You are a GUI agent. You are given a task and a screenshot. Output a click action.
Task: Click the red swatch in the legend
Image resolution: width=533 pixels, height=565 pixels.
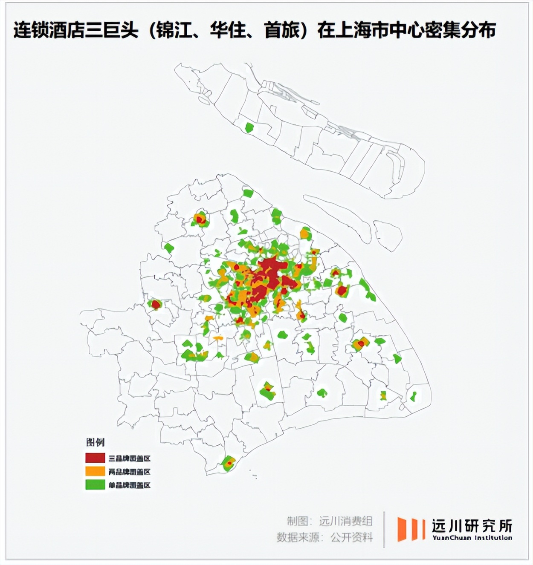(95, 458)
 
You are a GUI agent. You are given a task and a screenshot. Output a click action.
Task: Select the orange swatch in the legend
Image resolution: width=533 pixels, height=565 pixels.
(95, 471)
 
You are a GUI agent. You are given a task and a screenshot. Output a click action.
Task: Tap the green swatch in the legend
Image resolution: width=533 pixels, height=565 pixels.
(95, 484)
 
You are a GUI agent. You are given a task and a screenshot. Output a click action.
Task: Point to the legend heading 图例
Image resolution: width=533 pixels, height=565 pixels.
(95, 442)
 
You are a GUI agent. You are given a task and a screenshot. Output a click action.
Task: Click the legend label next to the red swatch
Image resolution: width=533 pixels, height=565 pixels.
(130, 458)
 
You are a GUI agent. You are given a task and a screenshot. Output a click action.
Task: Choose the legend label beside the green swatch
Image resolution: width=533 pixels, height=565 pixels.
(130, 485)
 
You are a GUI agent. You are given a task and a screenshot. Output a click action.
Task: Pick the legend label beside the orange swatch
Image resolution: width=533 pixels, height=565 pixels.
(130, 472)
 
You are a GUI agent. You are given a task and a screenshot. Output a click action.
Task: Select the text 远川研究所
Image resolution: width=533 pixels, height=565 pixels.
(472, 526)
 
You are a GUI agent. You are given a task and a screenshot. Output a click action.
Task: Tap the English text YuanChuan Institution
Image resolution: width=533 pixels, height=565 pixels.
(472, 538)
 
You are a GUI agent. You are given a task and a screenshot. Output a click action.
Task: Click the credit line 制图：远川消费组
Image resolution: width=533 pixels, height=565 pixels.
(330, 521)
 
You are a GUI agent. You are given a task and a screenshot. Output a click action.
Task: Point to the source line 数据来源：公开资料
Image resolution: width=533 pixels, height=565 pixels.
(325, 537)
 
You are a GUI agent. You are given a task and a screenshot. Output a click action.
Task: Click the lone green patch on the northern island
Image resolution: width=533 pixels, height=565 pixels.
(249, 127)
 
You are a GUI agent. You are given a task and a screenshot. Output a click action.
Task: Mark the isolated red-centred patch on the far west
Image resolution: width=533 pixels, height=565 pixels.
(155, 304)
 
